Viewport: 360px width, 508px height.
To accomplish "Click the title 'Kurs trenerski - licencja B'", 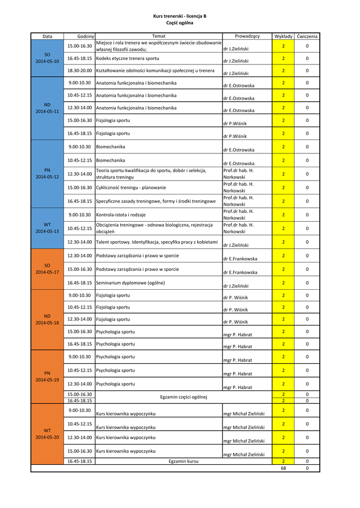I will point(180,16).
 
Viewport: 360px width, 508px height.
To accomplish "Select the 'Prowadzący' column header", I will point(247,36).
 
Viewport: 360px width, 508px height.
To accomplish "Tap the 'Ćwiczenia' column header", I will point(307,36).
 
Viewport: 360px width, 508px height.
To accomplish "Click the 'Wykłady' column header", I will point(283,36).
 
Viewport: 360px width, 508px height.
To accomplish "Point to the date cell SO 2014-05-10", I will point(47,58).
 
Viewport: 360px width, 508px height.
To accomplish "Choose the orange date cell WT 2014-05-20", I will point(47,434).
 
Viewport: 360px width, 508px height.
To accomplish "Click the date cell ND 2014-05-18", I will point(47,319).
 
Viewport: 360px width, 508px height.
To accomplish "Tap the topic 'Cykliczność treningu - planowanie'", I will point(131,188).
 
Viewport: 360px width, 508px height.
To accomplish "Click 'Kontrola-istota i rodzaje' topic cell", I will point(122,215).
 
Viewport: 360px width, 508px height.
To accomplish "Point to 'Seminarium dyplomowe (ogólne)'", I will point(130,283).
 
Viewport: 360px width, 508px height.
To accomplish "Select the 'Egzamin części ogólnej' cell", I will point(183,397).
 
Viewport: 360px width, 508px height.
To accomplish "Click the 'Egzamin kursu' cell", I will point(183,461).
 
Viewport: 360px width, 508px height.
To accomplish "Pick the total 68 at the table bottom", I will point(283,468).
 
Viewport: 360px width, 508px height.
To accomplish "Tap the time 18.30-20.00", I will point(79,70).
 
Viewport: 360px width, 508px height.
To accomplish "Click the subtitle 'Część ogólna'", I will point(180,23).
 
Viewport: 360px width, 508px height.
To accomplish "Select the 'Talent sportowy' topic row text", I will point(156,242).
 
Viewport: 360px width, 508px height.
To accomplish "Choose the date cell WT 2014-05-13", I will point(47,228).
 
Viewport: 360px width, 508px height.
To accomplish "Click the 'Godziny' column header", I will point(86,36).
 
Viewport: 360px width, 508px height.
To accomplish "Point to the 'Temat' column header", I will point(158,36).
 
